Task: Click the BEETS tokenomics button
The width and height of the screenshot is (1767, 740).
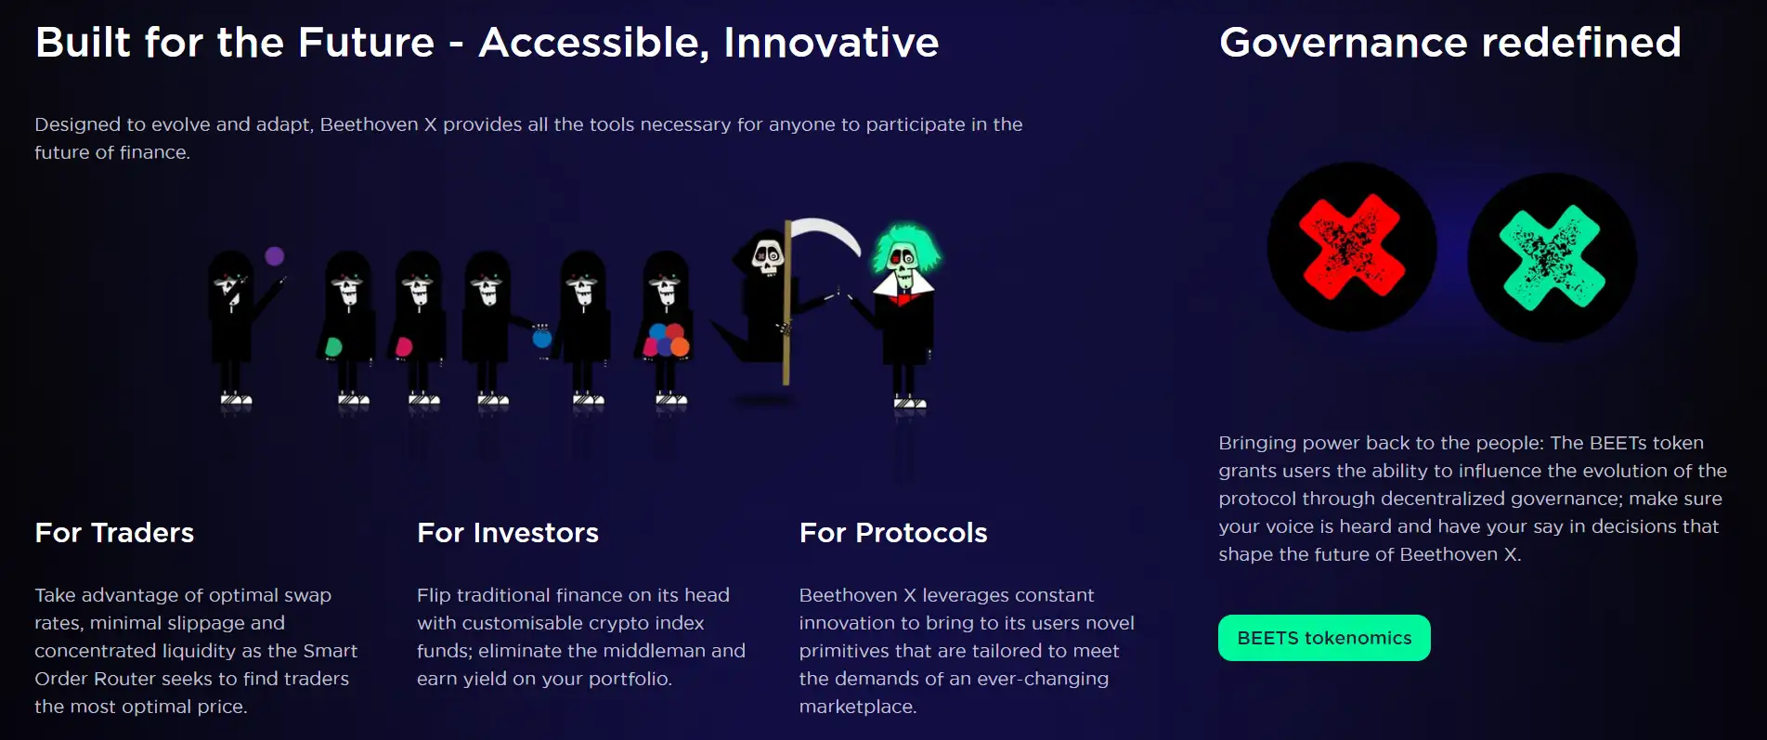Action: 1324,638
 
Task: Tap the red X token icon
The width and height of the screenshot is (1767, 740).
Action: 1352,247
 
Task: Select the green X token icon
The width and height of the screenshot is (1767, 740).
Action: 1553,257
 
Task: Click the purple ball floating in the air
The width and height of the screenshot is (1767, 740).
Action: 274,256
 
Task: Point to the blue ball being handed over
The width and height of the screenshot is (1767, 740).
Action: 542,338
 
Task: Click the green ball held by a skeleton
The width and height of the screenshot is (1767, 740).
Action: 333,347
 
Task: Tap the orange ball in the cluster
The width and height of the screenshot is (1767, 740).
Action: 681,346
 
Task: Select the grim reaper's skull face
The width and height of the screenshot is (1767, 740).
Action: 767,257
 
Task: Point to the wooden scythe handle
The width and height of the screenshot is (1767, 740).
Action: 786,303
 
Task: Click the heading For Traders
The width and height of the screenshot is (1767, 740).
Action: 114,533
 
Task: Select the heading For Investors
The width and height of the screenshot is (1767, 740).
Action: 508,533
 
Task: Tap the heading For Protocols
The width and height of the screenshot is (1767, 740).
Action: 893,533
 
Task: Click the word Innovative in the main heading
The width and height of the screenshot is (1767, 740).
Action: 831,43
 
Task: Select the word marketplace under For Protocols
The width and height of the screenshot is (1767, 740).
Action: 858,707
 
